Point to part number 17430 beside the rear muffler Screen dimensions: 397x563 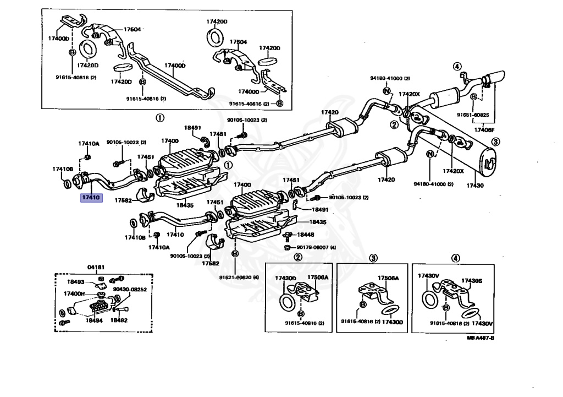pos(475,186)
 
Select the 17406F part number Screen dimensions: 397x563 pos(484,130)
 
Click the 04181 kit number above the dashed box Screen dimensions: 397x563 pos(97,267)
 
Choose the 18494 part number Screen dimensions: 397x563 pos(95,319)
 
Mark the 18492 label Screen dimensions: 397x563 pos(119,319)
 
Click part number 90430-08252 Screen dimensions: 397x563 pos(130,289)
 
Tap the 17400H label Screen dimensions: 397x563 pos(74,293)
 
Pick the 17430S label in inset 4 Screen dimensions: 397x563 pos(471,280)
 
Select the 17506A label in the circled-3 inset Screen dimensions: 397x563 pos(388,279)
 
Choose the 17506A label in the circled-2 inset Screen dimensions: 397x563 pos(317,278)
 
